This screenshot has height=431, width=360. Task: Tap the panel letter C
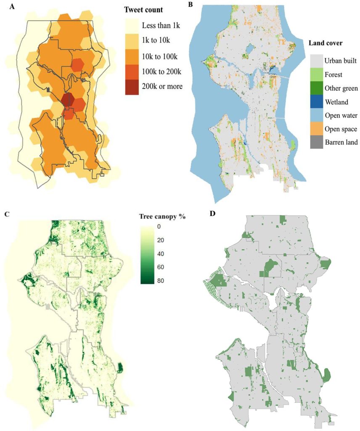tap(6, 214)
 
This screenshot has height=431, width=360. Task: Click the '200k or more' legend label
tap(162, 86)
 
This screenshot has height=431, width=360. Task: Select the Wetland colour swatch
tap(317, 101)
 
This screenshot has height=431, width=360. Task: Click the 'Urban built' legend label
tap(341, 61)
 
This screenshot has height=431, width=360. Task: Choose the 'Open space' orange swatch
tap(317, 128)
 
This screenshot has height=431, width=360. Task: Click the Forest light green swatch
tap(317, 74)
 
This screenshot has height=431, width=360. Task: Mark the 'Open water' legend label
tap(341, 115)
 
